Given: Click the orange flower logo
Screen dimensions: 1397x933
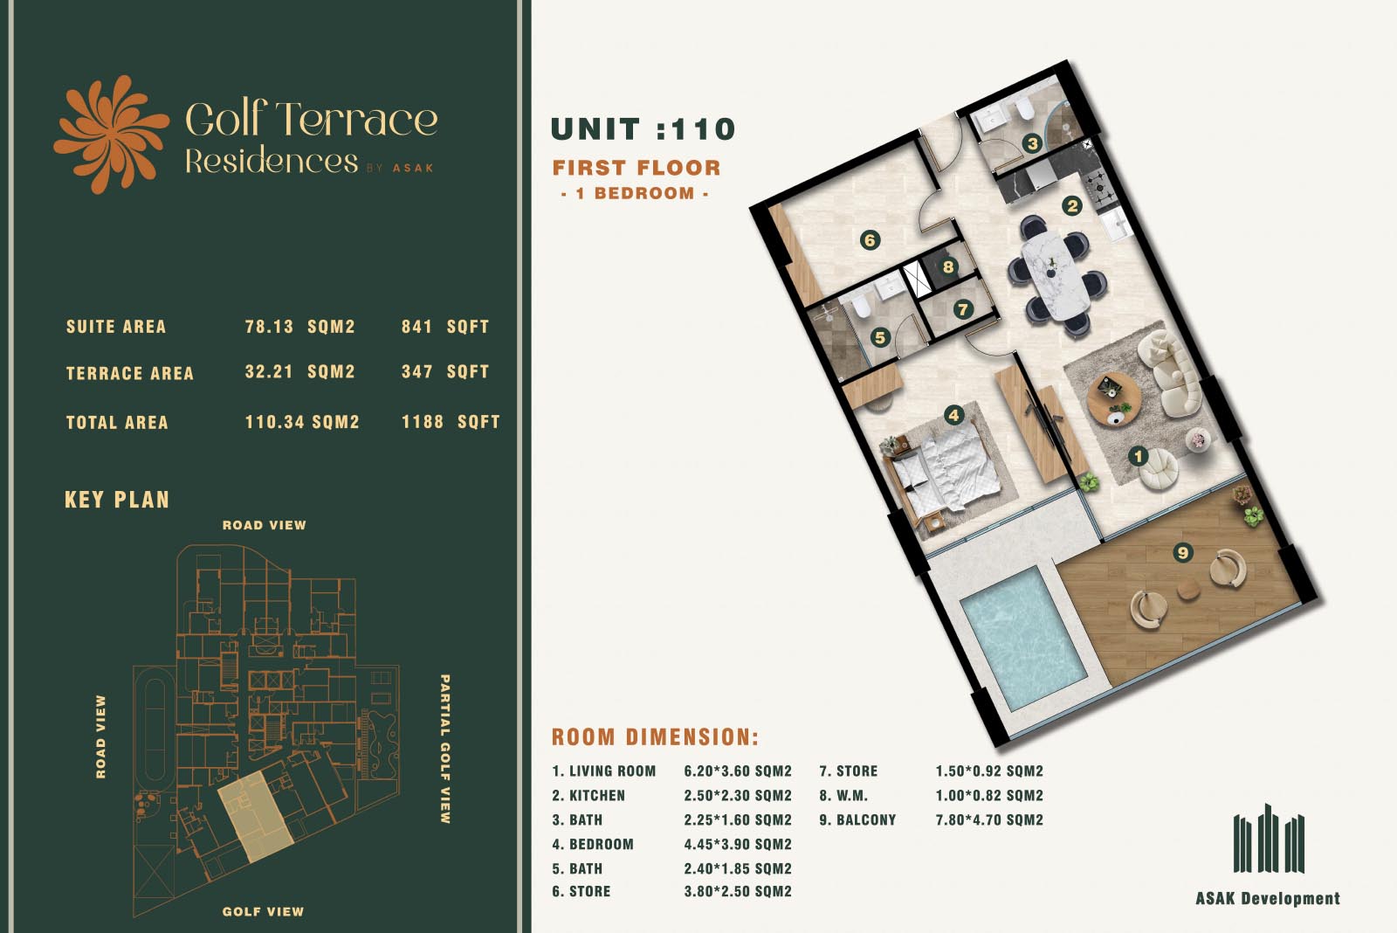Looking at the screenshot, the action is (111, 135).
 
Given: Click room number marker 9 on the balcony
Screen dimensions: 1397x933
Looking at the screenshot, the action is (1182, 552).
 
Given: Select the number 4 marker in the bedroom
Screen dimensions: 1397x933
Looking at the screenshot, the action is (953, 415).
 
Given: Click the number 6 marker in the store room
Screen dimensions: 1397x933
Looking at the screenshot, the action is (870, 240).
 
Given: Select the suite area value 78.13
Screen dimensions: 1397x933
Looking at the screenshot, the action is (269, 327).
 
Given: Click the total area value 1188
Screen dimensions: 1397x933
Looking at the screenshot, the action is (423, 422).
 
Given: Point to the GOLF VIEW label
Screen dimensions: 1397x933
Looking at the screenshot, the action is (263, 912).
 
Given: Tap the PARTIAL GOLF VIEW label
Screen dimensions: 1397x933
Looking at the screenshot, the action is (444, 749).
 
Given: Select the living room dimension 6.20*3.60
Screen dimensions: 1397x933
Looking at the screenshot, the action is (737, 771).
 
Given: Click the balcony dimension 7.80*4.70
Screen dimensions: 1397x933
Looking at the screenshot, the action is (989, 820).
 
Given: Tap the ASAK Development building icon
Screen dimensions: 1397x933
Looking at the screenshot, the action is (1269, 839).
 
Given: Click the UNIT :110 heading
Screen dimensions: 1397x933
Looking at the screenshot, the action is (643, 129).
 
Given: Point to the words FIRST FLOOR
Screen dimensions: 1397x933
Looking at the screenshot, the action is (637, 168).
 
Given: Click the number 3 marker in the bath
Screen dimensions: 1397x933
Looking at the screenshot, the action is (1032, 143).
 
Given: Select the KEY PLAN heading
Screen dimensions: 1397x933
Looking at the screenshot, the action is (117, 500).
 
